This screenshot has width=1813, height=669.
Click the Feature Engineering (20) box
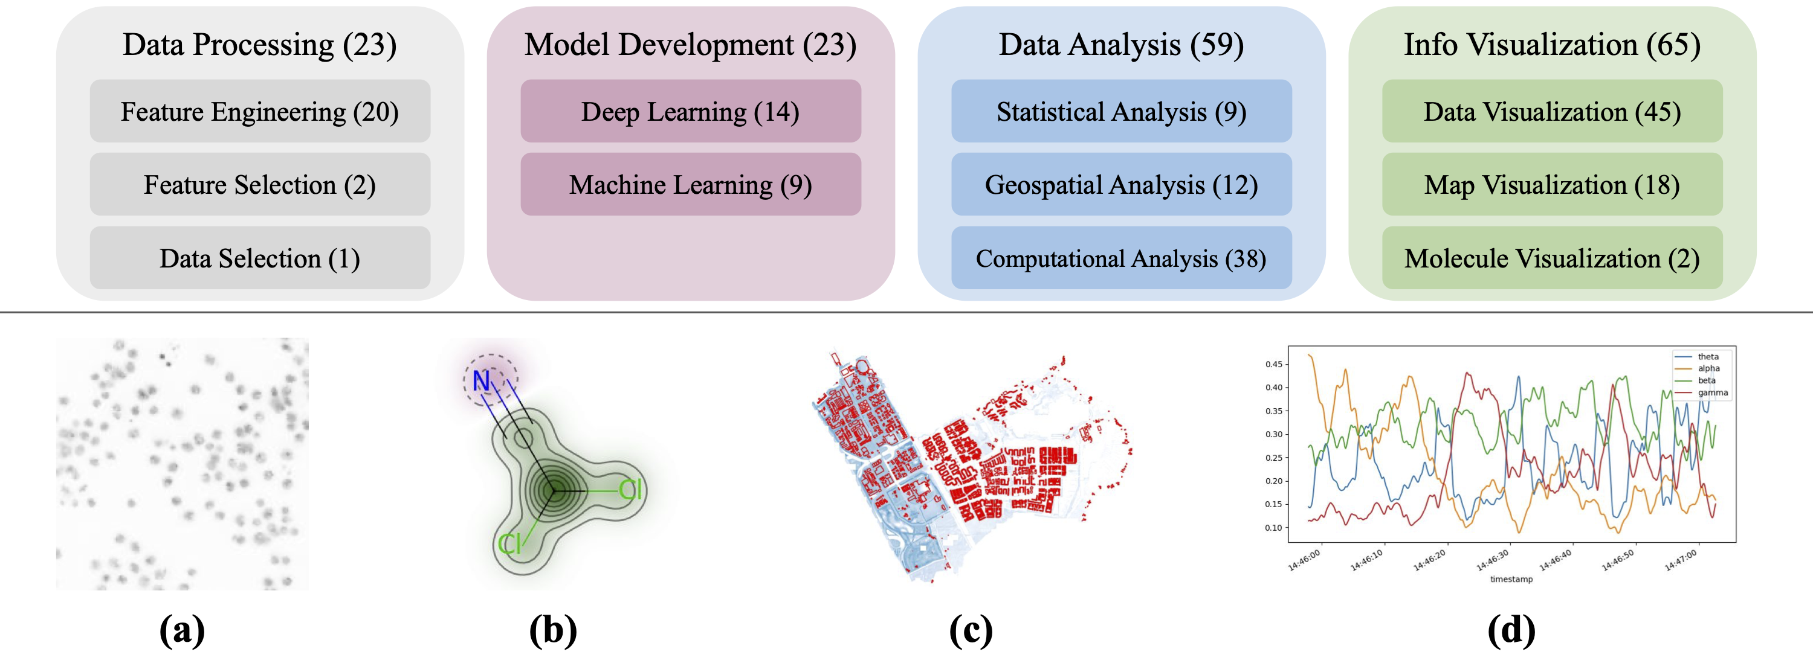[260, 111]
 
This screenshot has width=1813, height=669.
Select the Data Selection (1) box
[260, 258]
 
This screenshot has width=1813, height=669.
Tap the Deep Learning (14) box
[690, 111]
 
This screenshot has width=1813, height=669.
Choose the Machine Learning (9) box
[690, 184]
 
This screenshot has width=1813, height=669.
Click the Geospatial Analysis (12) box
[1121, 184]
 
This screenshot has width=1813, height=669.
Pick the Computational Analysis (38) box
[1121, 258]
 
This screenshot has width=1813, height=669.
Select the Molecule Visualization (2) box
[1552, 258]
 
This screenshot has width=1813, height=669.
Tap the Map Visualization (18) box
[1552, 184]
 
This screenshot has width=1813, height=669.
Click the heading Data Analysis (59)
[1121, 44]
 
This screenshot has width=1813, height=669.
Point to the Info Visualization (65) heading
[1552, 44]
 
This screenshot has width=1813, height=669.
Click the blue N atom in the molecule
[482, 380]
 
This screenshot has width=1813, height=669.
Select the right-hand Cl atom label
[630, 490]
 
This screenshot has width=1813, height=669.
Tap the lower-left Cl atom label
[509, 543]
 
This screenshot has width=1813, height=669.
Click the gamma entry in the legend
[1711, 392]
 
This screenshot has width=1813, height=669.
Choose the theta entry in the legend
[1707, 357]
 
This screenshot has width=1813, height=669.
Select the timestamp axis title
[1511, 579]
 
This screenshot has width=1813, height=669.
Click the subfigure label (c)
[971, 630]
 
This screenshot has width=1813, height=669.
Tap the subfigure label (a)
[183, 630]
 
